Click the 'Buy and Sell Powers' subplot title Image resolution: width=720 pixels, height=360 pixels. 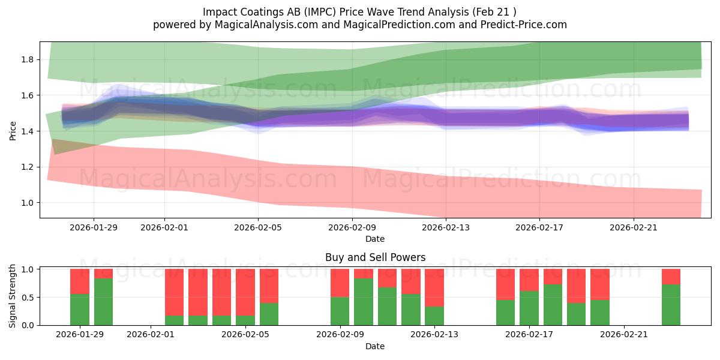pos(375,257)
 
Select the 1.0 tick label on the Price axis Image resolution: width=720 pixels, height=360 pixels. pos(28,203)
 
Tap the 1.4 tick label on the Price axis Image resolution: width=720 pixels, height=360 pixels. pos(28,131)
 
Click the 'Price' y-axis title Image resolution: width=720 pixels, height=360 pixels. pos(13,130)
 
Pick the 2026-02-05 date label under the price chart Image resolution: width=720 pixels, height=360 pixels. pos(258,227)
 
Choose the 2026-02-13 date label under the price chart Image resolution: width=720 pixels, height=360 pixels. pos(446,227)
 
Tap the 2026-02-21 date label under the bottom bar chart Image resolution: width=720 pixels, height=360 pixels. pos(624,335)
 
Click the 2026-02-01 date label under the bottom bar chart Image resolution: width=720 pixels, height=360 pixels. pos(151,335)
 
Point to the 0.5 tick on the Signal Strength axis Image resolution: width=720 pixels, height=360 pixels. pos(28,298)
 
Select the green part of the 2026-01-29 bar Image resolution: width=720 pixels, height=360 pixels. pos(80,310)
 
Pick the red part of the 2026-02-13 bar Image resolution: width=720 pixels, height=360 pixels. pos(434,287)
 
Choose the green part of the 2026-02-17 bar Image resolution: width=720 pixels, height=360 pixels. pos(529,308)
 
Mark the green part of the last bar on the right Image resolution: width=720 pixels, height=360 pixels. pos(671,305)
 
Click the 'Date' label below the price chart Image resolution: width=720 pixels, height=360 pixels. pos(375,239)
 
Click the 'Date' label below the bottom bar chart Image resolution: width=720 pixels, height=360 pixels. pos(375,346)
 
